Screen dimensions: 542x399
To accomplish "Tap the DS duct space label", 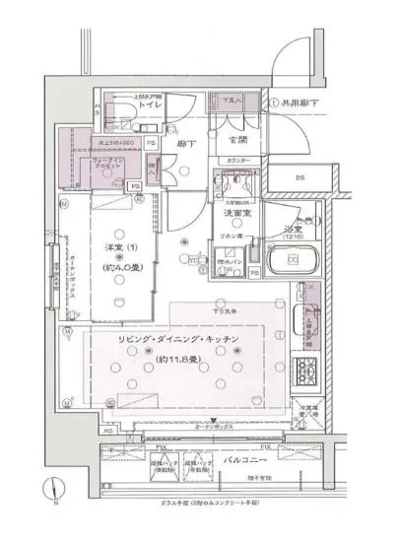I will pos(299,177).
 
